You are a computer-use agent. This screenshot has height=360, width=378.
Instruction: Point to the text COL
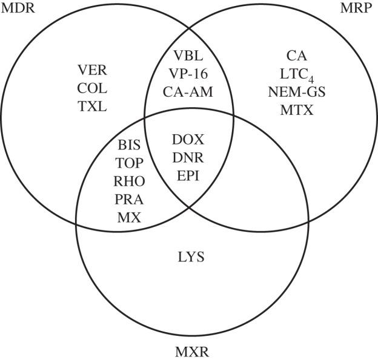click(x=92, y=89)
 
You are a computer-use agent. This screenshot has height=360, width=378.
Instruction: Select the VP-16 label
click(x=188, y=75)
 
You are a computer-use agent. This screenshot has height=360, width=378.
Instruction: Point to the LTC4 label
click(x=297, y=74)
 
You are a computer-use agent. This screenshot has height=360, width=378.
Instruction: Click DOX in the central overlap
click(x=188, y=140)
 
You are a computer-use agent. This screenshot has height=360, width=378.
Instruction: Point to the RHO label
click(x=129, y=182)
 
